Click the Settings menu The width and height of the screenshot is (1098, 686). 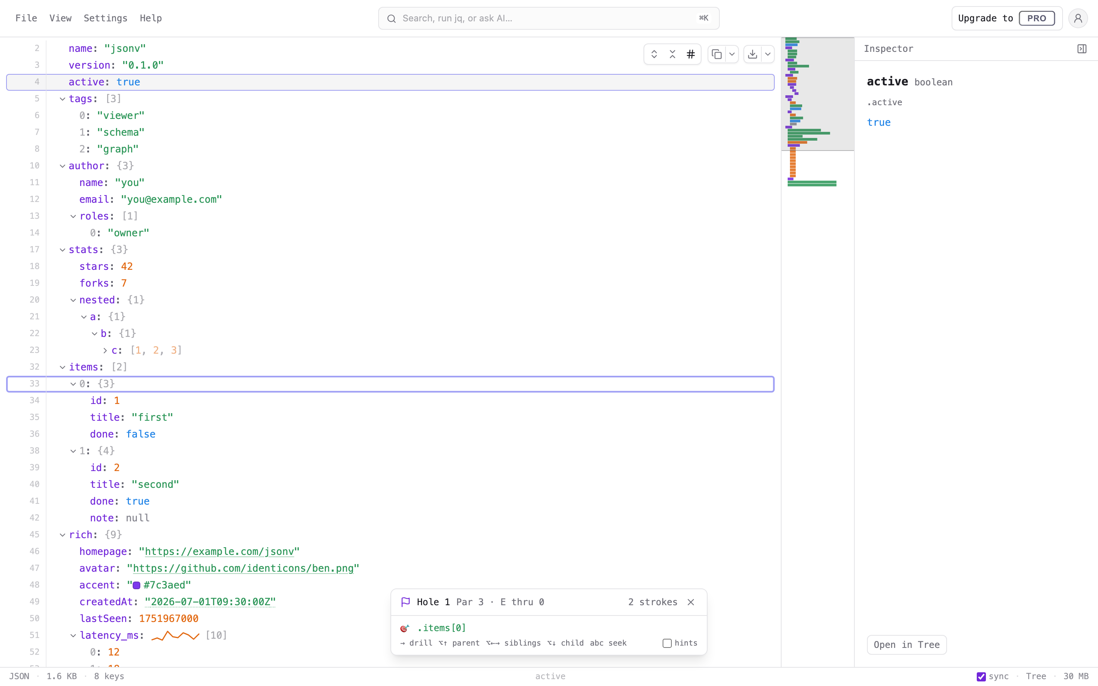105,18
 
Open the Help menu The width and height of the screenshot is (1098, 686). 151,18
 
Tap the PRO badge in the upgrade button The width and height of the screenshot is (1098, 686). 1036,18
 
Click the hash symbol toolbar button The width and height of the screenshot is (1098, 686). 690,54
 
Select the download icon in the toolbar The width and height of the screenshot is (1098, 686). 752,54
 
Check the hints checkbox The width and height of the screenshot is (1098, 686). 667,643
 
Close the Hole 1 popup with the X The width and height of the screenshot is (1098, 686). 690,602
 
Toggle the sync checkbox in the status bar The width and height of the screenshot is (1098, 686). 981,676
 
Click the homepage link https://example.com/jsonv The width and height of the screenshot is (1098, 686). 220,552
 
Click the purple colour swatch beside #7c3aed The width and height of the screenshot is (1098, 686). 136,585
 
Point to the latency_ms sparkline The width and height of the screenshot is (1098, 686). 175,635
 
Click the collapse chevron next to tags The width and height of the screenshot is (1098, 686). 63,99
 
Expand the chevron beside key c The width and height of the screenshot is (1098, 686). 105,350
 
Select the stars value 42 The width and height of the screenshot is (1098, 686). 127,266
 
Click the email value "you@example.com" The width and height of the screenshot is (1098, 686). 172,200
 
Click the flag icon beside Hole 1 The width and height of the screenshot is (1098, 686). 406,602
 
